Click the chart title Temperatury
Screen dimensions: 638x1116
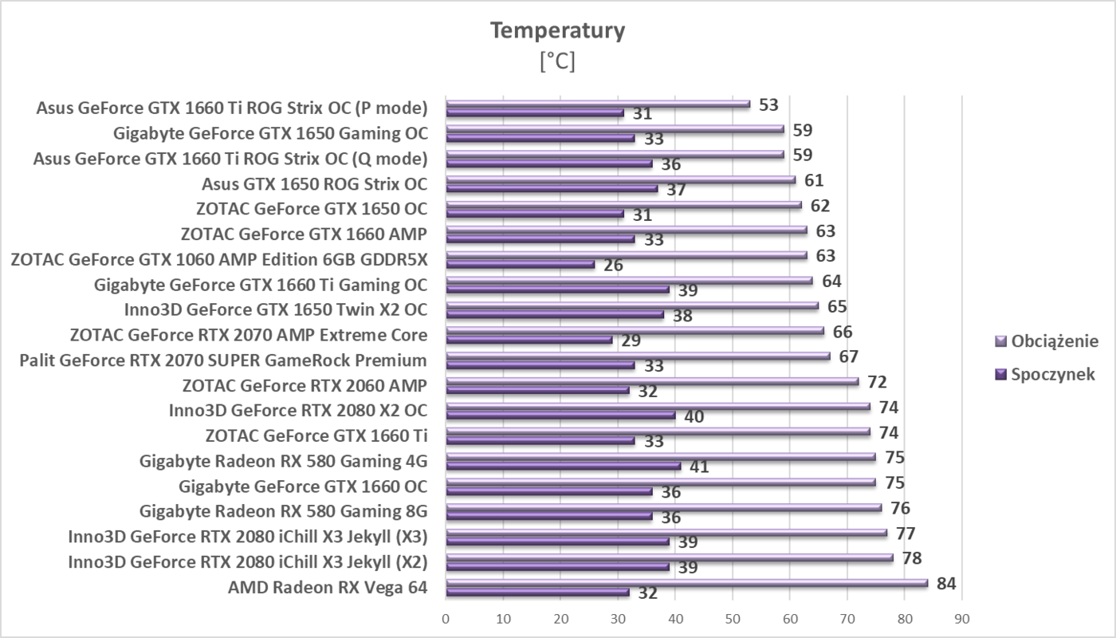tap(557, 30)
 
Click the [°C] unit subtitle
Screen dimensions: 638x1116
tap(557, 61)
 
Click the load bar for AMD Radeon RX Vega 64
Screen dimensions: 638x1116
tap(686, 583)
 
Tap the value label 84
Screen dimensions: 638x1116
tap(946, 584)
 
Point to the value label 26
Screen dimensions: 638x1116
tap(613, 265)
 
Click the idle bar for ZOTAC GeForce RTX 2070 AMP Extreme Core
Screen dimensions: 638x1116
tap(529, 340)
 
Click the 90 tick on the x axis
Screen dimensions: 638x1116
tap(962, 618)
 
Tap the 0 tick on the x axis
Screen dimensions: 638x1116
tap(446, 618)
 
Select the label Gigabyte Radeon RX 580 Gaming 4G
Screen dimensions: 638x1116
tap(283, 460)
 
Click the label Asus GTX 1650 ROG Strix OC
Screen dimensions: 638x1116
tap(314, 184)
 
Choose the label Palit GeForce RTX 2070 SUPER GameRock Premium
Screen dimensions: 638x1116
tap(223, 360)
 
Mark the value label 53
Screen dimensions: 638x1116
tap(768, 104)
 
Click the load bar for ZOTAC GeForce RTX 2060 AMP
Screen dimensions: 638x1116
tap(651, 381)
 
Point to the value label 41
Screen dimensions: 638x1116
tap(699, 467)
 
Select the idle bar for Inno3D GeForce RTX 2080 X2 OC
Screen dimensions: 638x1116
tap(560, 415)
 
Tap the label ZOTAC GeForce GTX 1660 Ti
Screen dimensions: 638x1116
tap(316, 435)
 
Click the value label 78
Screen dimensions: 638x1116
tap(912, 557)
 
